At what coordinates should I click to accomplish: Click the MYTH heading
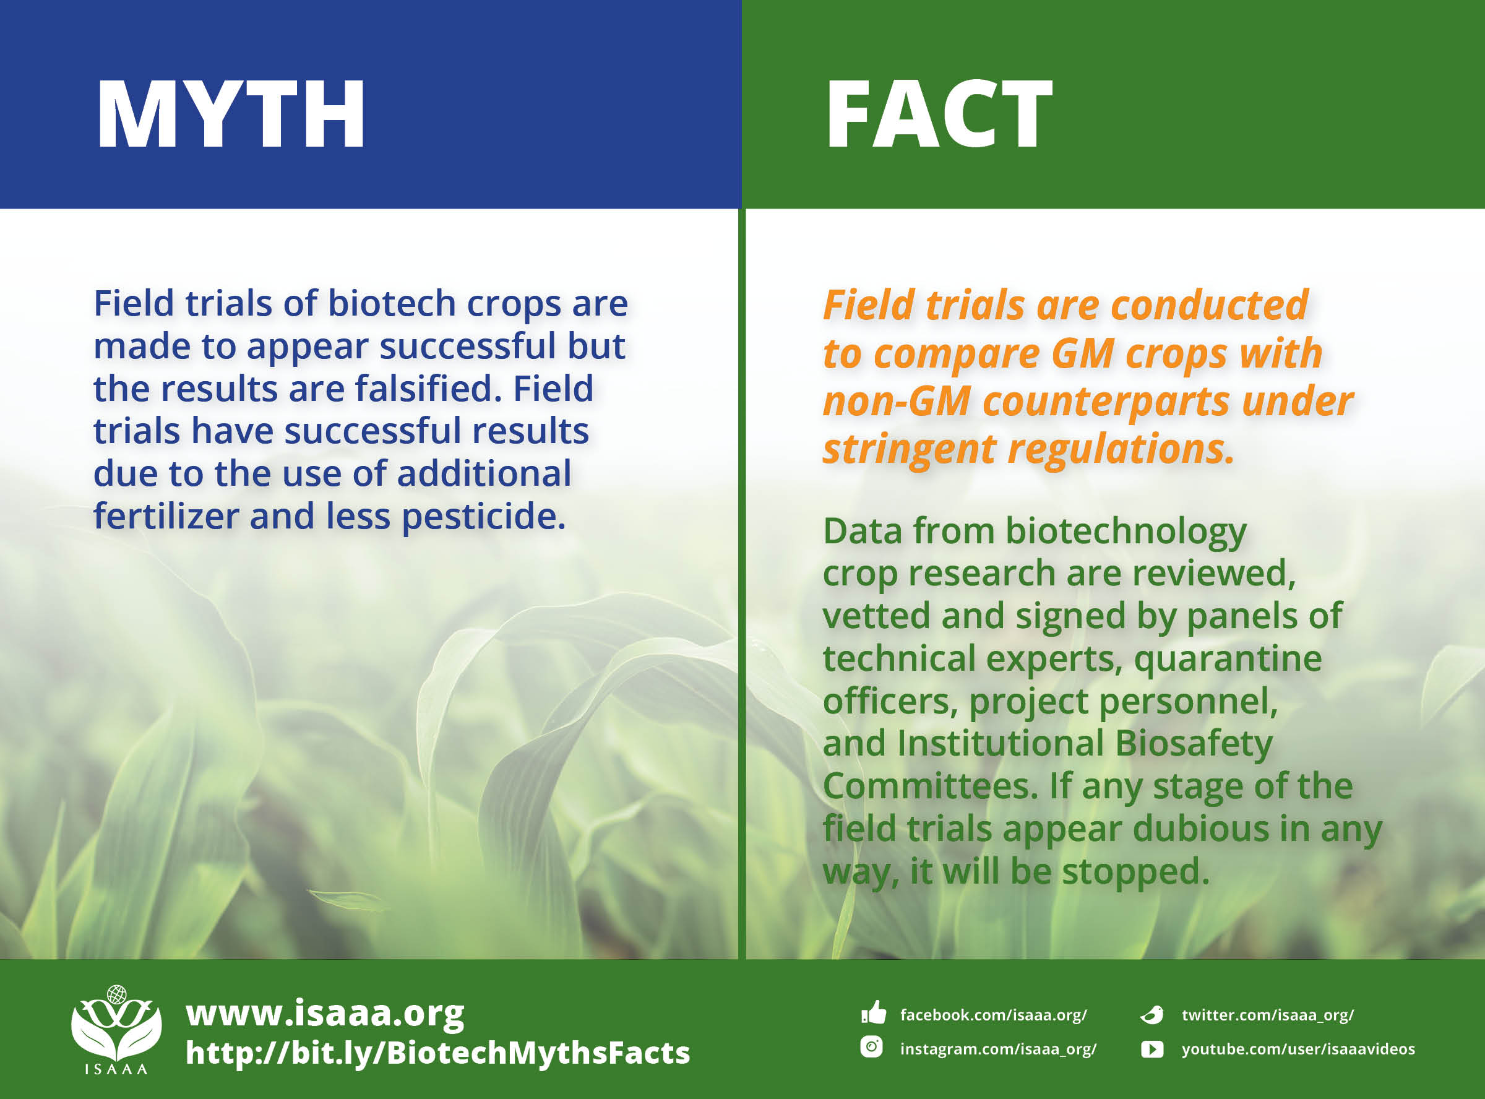(x=231, y=114)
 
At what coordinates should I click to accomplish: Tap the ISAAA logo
(x=116, y=1028)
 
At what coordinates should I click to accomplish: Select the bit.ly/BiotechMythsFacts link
(x=437, y=1053)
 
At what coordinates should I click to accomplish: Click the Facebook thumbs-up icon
(x=873, y=1013)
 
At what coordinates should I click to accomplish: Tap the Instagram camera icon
(x=871, y=1047)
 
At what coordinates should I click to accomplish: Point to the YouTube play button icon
(x=1152, y=1049)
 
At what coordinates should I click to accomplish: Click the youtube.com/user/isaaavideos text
(x=1298, y=1049)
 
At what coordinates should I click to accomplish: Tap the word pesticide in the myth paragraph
(x=483, y=516)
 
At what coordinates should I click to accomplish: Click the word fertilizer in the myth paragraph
(x=166, y=516)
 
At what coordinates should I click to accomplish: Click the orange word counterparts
(x=1105, y=402)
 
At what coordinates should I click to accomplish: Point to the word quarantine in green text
(x=1227, y=658)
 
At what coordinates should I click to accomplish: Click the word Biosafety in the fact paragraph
(x=1193, y=744)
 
